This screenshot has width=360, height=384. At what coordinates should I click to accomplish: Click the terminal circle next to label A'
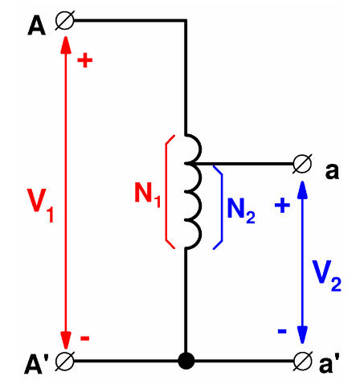pos(64,362)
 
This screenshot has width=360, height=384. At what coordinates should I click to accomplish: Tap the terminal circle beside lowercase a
pos(303,165)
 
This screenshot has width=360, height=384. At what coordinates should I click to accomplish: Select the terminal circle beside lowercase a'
pos(303,362)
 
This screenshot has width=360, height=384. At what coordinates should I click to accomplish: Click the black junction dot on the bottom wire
pos(186,362)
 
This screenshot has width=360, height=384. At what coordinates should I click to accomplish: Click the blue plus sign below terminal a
pos(282,206)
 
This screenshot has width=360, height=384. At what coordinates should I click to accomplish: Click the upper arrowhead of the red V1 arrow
pos(65,39)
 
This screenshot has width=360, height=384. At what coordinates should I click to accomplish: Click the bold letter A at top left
pos(36,27)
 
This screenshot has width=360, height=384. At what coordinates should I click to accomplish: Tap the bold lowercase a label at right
pos(333,170)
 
